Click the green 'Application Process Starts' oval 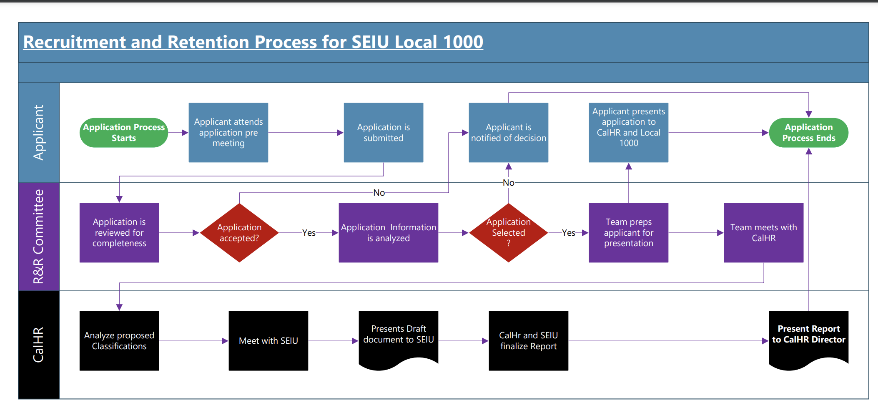[x=124, y=133]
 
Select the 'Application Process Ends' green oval [x=808, y=133]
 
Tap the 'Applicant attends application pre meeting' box [x=228, y=133]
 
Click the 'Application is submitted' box [x=384, y=133]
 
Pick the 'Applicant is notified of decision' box [x=509, y=133]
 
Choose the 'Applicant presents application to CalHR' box [x=629, y=133]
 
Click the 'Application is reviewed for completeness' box [x=119, y=233]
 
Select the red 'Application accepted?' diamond [x=239, y=233]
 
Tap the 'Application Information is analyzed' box [x=389, y=233]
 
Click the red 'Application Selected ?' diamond [x=509, y=233]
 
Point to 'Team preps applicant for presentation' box [x=629, y=233]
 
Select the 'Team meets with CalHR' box [x=764, y=233]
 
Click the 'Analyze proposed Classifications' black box [x=119, y=341]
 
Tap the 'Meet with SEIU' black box [x=268, y=341]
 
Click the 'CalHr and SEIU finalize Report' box [x=529, y=341]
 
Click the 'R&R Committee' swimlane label [x=38, y=237]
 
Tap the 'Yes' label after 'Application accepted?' [x=309, y=233]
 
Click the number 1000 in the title [x=463, y=42]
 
